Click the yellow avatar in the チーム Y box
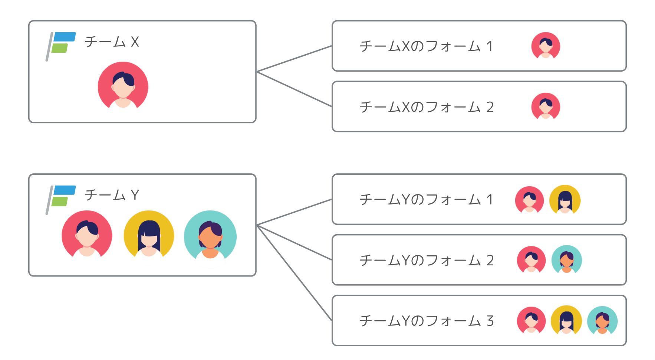coord(149,235)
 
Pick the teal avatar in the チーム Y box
coord(210,236)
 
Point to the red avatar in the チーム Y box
coord(87,235)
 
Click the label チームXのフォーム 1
coord(426,46)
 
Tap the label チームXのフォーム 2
coord(426,107)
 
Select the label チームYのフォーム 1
coord(426,200)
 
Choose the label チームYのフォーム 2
coord(426,261)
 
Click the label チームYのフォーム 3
coord(426,321)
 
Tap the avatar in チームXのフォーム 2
coord(546,107)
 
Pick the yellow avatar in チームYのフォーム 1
coord(565,200)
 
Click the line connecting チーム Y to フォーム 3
coord(294,273)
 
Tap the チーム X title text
coord(112,42)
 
